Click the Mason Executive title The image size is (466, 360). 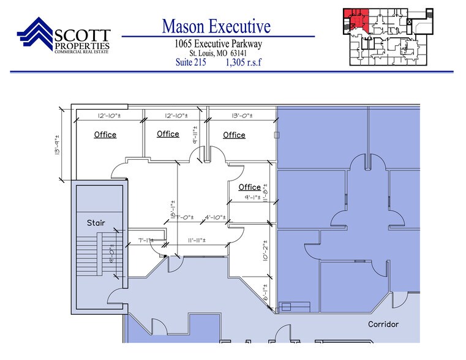coord(216,26)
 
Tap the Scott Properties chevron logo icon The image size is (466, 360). coord(36,36)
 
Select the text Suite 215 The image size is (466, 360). coord(190,62)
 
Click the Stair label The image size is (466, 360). coord(96,223)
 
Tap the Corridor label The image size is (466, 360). coord(383,324)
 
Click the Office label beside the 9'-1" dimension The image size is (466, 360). coord(249,187)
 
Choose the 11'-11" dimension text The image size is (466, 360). coord(199,241)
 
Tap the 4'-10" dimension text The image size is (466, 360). coord(216,217)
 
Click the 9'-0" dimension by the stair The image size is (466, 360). coord(111,251)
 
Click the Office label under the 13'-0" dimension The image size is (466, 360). coord(234,135)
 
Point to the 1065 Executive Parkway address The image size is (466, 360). coord(217,43)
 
